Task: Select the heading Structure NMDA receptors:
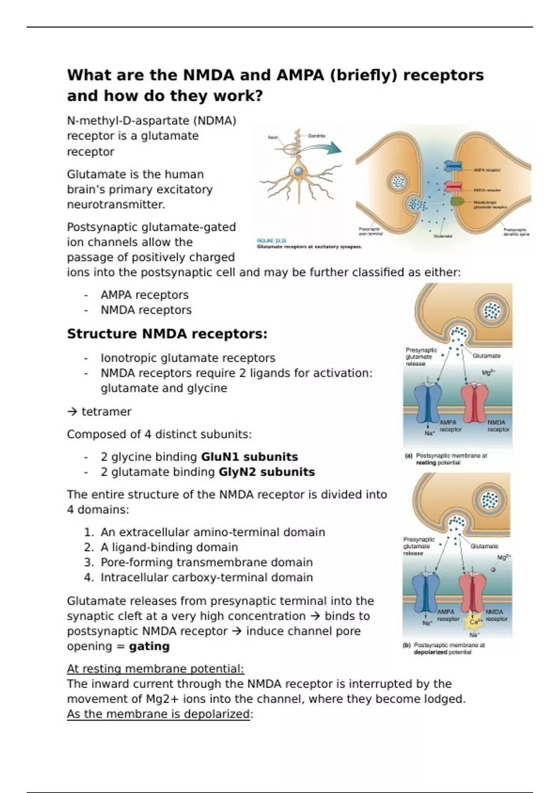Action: [x=167, y=334]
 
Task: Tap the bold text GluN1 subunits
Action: [x=249, y=457]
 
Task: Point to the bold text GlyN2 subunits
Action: [x=266, y=472]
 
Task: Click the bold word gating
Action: [x=149, y=647]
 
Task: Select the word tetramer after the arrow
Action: [x=106, y=412]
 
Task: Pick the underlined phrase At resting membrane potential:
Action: [x=155, y=669]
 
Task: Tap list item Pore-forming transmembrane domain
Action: [x=207, y=563]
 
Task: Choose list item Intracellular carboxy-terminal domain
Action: [x=207, y=577]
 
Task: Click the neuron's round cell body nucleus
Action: [x=298, y=172]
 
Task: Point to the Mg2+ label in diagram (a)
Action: [x=489, y=373]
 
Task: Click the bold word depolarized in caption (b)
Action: [x=430, y=652]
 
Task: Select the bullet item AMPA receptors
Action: [x=145, y=295]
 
